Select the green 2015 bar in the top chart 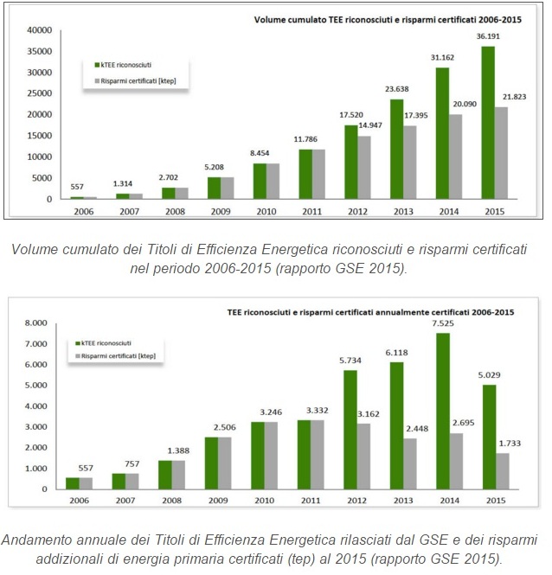489,122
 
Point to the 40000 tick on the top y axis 40,30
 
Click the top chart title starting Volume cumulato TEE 395,18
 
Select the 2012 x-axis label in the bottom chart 356,501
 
